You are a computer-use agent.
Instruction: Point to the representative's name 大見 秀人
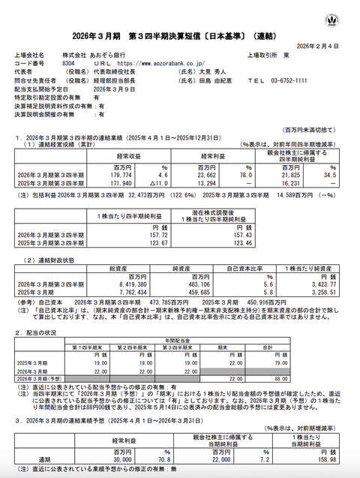(213, 72)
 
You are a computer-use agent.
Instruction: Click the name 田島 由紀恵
(214, 80)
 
